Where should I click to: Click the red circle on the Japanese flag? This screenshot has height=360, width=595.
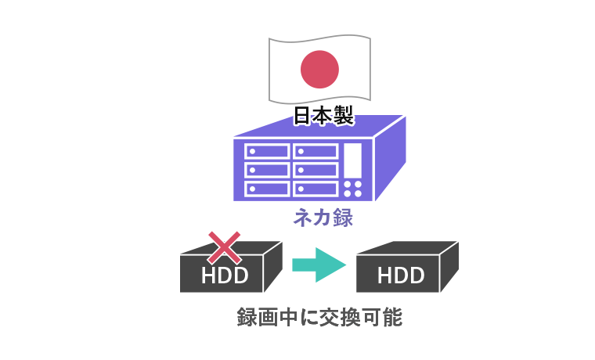tap(319, 68)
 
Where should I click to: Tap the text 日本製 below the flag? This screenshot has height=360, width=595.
tap(323, 117)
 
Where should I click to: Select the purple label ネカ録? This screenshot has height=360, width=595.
tap(323, 218)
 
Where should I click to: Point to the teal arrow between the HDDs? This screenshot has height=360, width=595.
tap(318, 264)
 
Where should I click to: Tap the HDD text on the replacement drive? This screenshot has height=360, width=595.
tap(401, 275)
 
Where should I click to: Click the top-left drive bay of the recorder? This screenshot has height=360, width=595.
tap(266, 152)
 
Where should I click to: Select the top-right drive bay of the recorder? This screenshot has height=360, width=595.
tap(315, 152)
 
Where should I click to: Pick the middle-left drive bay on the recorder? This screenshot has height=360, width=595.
tap(266, 170)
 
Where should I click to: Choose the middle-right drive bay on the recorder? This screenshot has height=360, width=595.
tap(315, 170)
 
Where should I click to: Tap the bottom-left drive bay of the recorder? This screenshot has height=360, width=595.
tap(266, 189)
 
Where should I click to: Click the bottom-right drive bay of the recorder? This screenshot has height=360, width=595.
tap(315, 189)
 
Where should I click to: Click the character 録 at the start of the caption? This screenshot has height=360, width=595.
tap(247, 319)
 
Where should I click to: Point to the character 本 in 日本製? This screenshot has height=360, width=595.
tap(323, 117)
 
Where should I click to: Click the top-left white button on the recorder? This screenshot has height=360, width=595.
tap(348, 185)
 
